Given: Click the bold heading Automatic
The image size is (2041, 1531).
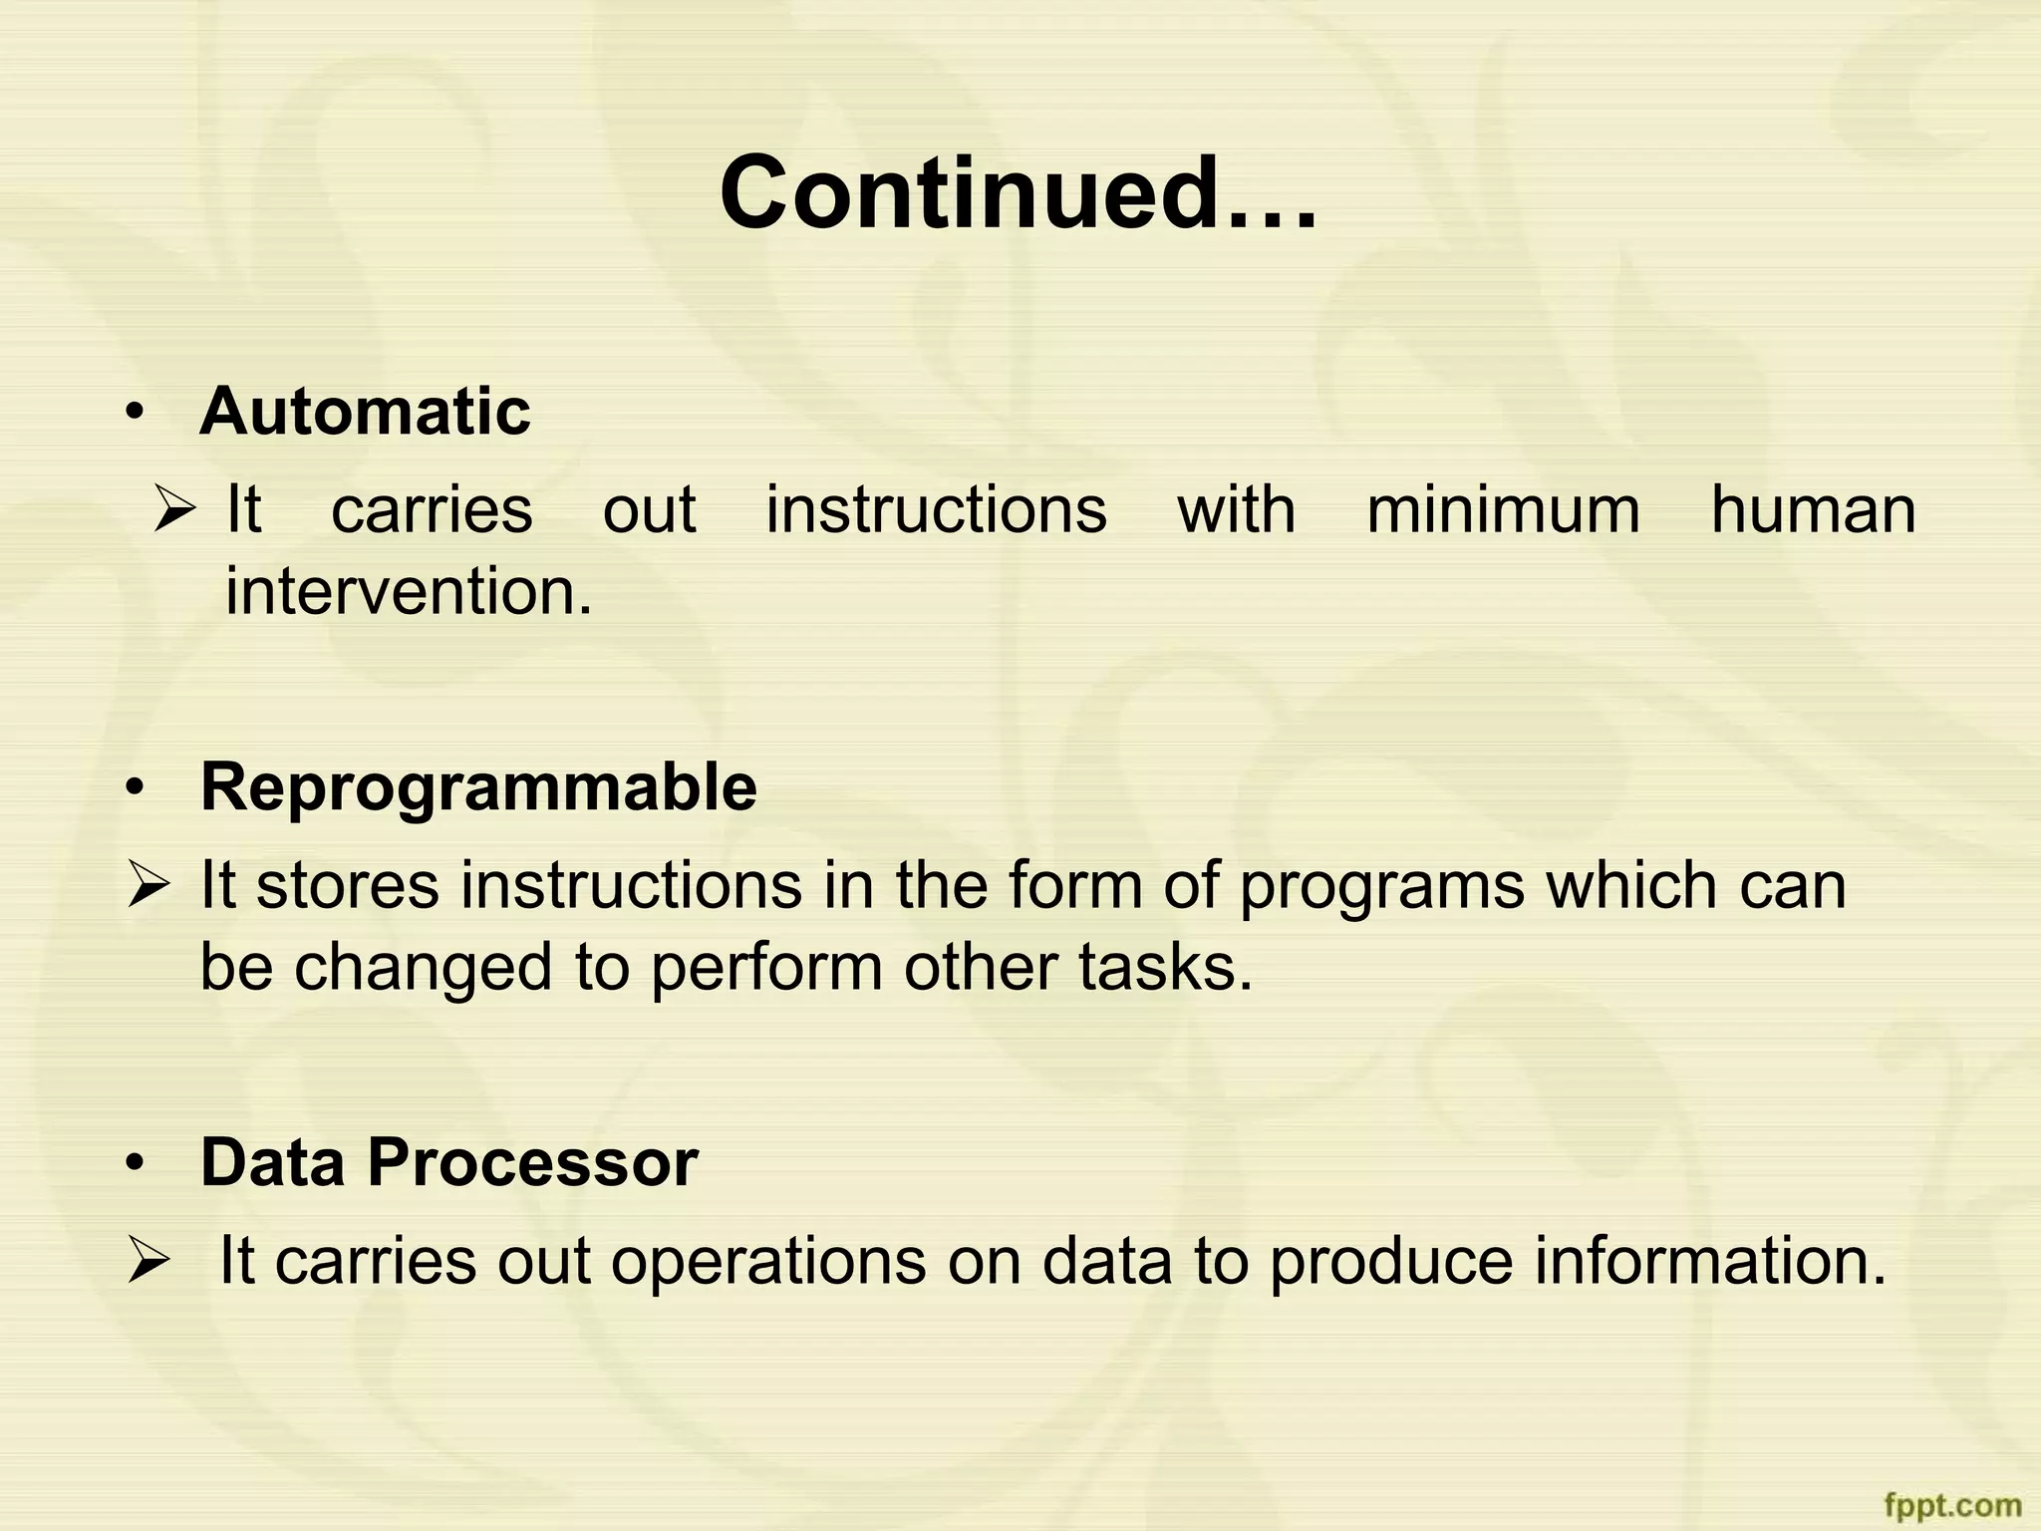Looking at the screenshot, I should (x=365, y=411).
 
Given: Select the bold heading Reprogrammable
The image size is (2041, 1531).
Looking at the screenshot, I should (x=478, y=786).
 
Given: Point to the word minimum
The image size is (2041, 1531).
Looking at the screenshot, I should (x=1503, y=510).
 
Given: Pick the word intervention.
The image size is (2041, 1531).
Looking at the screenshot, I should (x=409, y=591).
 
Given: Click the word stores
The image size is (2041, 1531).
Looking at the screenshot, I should (x=347, y=885).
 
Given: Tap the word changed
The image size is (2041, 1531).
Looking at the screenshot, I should (x=423, y=967).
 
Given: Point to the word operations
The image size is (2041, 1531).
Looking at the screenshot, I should (x=768, y=1262).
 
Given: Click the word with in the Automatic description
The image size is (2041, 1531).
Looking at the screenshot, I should (x=1236, y=510).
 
